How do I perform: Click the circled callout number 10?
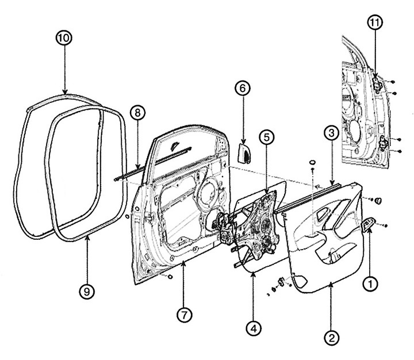[x=64, y=38]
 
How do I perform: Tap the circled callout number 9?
[x=87, y=292]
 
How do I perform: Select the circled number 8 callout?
[x=137, y=113]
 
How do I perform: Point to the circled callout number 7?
[x=185, y=315]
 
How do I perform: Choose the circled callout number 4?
[x=254, y=329]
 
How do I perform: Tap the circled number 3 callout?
[x=331, y=133]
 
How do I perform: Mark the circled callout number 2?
[x=332, y=338]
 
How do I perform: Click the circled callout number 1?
[x=370, y=284]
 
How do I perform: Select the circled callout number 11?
[x=375, y=22]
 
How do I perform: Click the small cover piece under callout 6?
[x=244, y=153]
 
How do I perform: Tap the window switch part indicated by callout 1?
[x=369, y=224]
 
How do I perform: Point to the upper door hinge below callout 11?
[x=378, y=83]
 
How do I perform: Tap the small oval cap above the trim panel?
[x=312, y=162]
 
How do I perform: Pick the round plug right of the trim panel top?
[x=378, y=201]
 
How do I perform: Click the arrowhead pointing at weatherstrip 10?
[x=65, y=91]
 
